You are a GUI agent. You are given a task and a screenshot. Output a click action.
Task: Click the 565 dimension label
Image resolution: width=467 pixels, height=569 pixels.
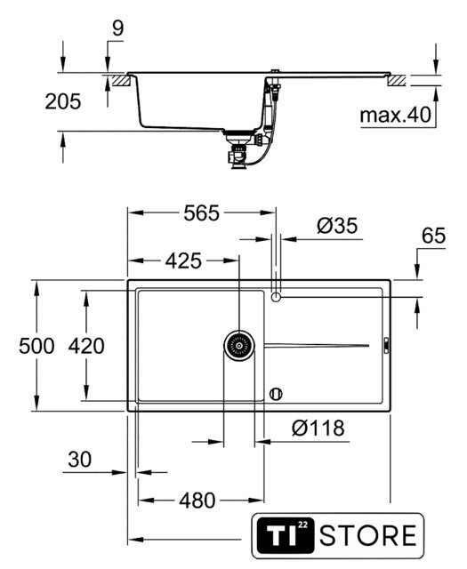202,213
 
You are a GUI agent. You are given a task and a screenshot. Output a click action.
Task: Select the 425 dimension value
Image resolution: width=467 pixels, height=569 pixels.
183,260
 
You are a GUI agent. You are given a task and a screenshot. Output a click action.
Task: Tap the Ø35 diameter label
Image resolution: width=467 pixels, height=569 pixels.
337,226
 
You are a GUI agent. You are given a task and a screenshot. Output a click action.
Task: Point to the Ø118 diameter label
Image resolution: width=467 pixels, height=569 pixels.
318,429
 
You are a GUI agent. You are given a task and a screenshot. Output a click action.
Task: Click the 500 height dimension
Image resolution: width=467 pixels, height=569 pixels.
36,346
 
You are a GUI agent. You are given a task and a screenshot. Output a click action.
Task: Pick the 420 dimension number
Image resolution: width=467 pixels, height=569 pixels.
86,346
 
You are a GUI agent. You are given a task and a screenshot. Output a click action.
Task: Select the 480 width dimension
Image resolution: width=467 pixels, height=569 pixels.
197,501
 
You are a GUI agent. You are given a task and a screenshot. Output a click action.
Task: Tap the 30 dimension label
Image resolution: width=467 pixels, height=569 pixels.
79,460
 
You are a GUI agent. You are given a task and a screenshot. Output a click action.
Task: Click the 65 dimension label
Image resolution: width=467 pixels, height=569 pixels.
433,236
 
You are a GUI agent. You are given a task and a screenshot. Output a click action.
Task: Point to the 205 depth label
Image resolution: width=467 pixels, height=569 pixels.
63,101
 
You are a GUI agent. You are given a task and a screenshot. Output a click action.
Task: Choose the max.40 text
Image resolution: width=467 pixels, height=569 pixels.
396,115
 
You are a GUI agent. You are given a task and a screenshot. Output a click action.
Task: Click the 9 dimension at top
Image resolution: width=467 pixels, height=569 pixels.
117,28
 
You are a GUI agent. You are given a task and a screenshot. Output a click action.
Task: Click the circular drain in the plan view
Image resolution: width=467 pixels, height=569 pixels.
239,346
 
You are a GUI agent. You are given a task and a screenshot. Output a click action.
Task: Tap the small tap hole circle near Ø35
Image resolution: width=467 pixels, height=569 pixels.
276,297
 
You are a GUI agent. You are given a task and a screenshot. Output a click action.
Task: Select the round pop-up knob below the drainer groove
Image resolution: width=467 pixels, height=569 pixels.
276,394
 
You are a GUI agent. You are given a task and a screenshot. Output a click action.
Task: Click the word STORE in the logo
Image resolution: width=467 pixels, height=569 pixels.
368,535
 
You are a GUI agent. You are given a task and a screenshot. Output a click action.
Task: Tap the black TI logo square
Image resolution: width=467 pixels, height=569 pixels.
285,535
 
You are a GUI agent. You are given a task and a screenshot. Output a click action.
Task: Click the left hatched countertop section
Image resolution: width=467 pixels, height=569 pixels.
121,80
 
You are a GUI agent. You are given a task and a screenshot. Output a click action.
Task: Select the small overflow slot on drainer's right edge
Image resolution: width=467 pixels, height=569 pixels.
386,346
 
